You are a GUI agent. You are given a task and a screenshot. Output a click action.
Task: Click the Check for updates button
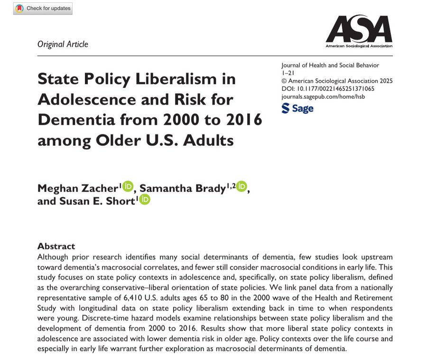click(x=43, y=9)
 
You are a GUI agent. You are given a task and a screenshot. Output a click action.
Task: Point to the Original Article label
click(x=63, y=44)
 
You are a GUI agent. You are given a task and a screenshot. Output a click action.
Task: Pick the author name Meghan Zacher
click(x=78, y=189)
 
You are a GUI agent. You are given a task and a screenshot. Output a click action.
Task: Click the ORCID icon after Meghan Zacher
click(x=129, y=186)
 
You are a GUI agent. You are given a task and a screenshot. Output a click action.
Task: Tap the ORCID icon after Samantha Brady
click(x=241, y=186)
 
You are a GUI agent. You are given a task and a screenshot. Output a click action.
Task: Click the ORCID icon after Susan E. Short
click(x=144, y=200)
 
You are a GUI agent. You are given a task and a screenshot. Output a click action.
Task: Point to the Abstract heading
click(x=56, y=246)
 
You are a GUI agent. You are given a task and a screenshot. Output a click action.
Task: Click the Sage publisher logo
click(x=297, y=108)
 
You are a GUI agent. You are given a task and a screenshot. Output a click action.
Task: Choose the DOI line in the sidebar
click(x=327, y=89)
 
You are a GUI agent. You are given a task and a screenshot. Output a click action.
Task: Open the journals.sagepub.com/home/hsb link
click(x=323, y=96)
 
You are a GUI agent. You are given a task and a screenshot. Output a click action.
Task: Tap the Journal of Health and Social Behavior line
click(x=330, y=66)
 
